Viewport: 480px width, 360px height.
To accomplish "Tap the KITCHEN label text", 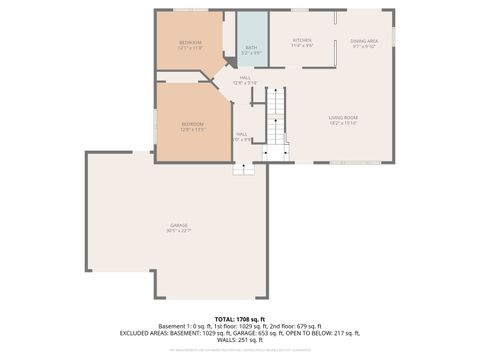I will [x=302, y=40].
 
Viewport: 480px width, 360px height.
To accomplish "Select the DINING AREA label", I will [x=364, y=40].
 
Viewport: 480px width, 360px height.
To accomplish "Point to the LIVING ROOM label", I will [x=343, y=117].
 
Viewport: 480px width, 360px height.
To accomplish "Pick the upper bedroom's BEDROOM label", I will [x=190, y=42].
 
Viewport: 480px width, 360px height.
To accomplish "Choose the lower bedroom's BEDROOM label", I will [x=192, y=123].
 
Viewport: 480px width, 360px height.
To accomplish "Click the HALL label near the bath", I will [x=245, y=77].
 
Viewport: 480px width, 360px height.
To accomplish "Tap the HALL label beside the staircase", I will [x=242, y=134].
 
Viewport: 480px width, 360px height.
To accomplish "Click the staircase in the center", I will [x=276, y=115].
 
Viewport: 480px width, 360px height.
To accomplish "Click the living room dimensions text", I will [x=343, y=123].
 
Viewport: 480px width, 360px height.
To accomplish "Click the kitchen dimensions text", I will [x=302, y=46].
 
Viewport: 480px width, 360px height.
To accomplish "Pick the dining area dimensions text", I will [x=364, y=46].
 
